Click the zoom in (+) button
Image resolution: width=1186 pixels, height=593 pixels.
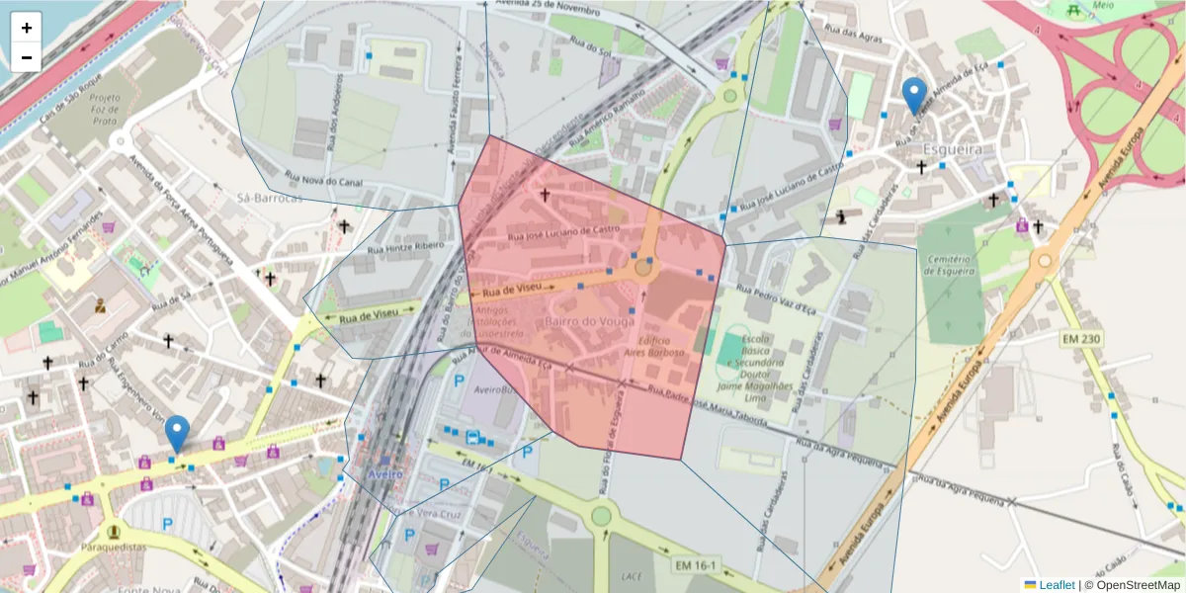27,28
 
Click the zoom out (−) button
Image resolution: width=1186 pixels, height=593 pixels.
27,57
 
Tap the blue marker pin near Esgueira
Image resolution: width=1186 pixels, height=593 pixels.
915,96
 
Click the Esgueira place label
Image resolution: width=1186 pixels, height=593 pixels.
953,148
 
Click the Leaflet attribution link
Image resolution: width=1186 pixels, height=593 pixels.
1057,585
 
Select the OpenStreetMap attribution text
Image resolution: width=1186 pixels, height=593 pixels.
1139,585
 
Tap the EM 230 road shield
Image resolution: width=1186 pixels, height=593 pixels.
1081,339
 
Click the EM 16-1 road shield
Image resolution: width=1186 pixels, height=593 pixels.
699,565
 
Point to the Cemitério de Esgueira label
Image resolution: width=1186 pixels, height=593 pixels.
950,264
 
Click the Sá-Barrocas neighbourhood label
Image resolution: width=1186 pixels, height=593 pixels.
269,198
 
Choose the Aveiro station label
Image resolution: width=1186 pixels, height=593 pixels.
384,474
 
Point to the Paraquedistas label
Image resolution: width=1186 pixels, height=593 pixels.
114,547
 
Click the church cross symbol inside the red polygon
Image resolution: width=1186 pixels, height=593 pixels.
544,195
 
